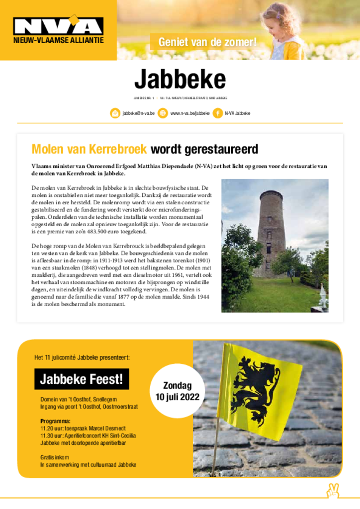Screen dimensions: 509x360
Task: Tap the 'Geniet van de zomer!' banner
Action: coord(207,42)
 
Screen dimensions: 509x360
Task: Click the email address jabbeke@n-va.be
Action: coord(138,113)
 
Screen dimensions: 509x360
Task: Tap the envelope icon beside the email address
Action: coord(115,113)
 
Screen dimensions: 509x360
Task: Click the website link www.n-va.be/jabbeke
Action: coord(189,113)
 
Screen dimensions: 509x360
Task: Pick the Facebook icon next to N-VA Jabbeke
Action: coord(217,113)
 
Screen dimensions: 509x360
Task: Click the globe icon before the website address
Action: coord(163,113)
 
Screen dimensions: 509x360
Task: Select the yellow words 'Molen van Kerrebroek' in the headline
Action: coord(89,149)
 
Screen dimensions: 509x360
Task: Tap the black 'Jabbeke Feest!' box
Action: coord(82,379)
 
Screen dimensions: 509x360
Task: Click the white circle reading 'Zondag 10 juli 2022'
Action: coord(177,392)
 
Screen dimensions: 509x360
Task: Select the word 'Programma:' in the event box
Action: coord(55,422)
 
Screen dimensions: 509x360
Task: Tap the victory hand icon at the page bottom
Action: coord(332,490)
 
